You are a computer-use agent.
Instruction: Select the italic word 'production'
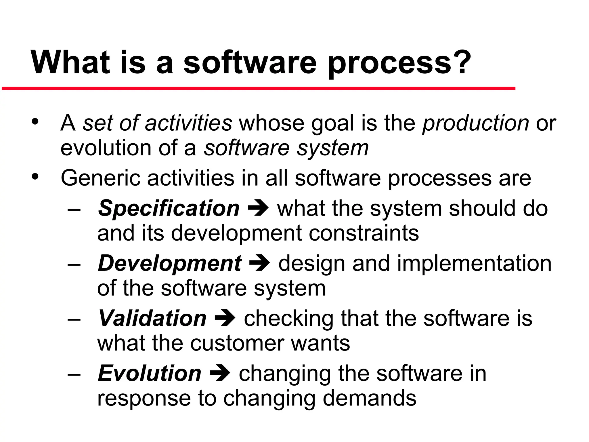click(475, 123)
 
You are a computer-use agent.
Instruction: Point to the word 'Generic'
click(100, 178)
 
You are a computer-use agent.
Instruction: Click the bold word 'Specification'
click(169, 208)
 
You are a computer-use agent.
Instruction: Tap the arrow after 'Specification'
click(258, 208)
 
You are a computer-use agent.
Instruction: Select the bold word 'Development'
click(169, 263)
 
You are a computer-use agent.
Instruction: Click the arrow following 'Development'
click(259, 263)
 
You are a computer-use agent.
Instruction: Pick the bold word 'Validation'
click(152, 318)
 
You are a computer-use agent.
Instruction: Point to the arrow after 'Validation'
click(225, 318)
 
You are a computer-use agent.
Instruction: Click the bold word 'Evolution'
click(150, 374)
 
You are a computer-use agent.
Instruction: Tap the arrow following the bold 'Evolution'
click(220, 373)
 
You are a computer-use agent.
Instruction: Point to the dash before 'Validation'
click(74, 319)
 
